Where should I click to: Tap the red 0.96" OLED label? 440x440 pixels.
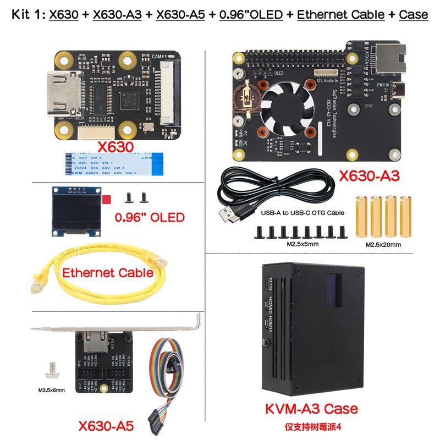[x=149, y=217]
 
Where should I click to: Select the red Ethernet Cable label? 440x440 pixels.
[x=108, y=272]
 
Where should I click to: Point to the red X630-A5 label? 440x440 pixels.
[x=106, y=426]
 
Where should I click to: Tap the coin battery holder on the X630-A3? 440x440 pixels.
[x=247, y=96]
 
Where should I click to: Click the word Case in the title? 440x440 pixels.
[x=414, y=15]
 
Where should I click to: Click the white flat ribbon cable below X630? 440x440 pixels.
[x=114, y=163]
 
